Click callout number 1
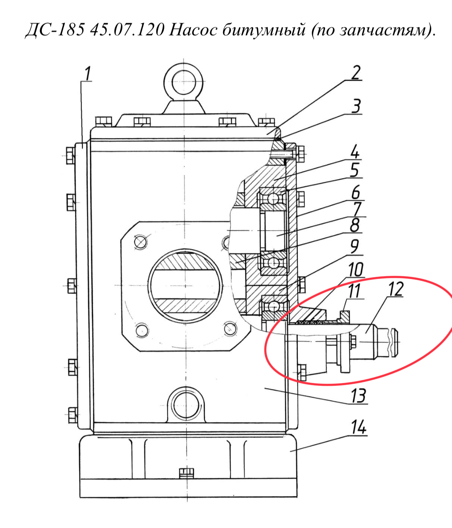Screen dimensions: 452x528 (x=88, y=74)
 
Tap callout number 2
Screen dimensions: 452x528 (x=355, y=73)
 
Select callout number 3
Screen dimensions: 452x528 (x=356, y=106)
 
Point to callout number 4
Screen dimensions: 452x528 (x=355, y=153)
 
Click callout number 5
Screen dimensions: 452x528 (x=355, y=170)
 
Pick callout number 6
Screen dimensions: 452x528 (x=355, y=192)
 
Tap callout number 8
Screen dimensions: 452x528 (x=355, y=225)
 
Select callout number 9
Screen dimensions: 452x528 (x=355, y=247)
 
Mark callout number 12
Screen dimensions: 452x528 (x=396, y=290)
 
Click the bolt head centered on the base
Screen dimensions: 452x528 (x=187, y=473)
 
